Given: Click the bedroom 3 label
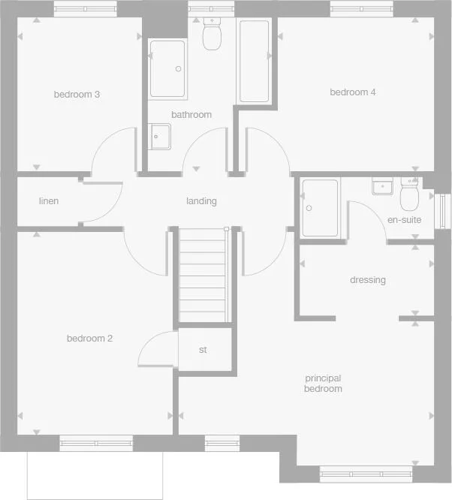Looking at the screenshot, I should point(77,95).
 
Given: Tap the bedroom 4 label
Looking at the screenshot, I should point(353,92).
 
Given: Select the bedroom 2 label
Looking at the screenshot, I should point(89,339).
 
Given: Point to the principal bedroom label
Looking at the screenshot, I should point(323,384).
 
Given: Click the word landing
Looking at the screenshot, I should point(201,201).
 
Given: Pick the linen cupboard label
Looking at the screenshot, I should point(49,201).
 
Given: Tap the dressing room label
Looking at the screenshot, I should point(368,280).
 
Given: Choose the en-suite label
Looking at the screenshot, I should point(404,220).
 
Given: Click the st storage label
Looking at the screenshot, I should point(203,350).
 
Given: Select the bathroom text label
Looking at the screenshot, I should point(191,115).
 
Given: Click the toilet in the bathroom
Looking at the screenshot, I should point(211,34).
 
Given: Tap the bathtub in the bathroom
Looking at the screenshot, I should point(254,62).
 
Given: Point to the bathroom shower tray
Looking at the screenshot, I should point(167,68).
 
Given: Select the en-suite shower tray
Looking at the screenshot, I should point(320,207).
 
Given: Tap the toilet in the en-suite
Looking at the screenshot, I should point(410,196).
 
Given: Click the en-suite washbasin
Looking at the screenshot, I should point(383,185).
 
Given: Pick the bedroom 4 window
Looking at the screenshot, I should point(361,8).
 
